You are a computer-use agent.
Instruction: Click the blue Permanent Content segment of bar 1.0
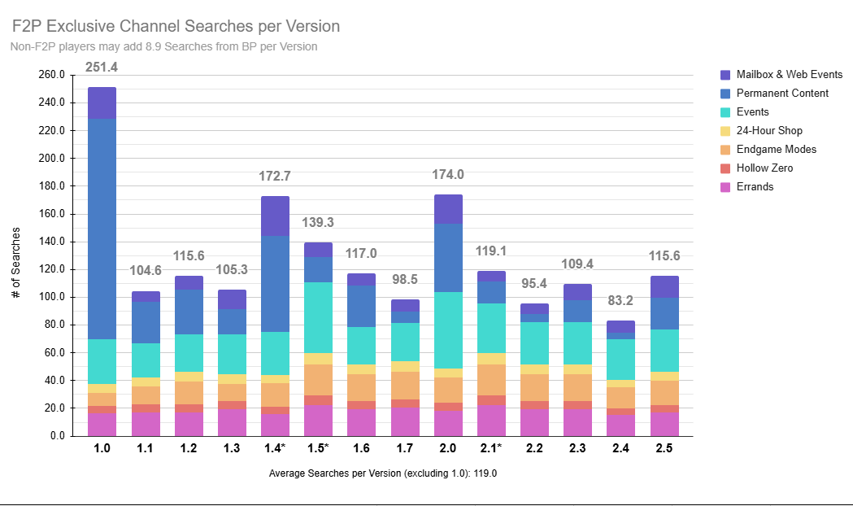point(102,229)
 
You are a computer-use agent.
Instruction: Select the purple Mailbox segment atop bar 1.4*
point(275,216)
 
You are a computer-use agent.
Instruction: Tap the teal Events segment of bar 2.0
point(448,330)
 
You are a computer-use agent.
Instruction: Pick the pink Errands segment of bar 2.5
point(664,424)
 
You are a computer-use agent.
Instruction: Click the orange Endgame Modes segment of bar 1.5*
point(318,380)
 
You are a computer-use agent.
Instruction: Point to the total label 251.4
point(102,67)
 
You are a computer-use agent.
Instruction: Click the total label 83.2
point(620,301)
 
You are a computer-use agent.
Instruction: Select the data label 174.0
point(448,174)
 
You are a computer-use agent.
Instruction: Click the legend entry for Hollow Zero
point(764,168)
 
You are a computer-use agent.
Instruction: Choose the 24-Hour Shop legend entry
point(768,131)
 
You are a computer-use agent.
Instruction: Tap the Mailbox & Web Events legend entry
point(789,75)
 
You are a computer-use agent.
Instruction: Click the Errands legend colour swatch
point(725,187)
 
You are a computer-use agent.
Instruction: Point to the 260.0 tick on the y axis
point(51,75)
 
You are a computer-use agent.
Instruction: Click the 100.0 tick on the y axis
point(51,297)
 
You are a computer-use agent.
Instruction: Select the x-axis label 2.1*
point(491,447)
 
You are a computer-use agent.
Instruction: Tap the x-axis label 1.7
point(404,447)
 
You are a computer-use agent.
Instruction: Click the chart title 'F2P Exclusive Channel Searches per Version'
point(176,27)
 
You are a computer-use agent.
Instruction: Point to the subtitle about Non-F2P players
point(163,46)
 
